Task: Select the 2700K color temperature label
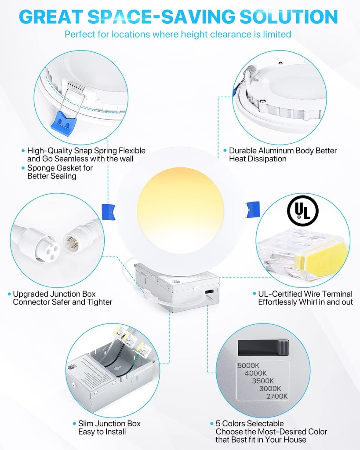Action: point(277,396)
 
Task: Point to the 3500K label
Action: point(263,381)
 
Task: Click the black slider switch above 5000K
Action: point(263,347)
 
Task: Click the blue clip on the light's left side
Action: point(109,211)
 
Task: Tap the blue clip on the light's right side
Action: point(252,209)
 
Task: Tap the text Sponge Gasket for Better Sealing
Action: point(59,172)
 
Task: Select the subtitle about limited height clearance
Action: point(178,34)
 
